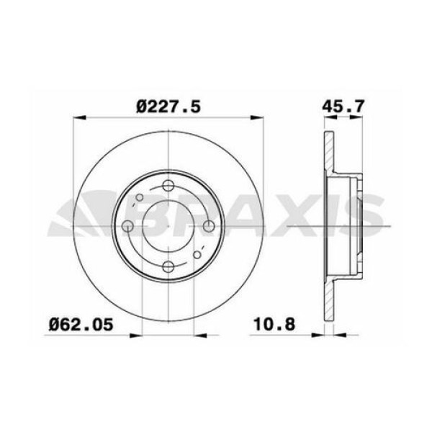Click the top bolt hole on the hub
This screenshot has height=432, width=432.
pos(168,186)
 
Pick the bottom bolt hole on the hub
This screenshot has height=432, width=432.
pos(168,267)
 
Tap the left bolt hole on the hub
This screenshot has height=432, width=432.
pos(128,227)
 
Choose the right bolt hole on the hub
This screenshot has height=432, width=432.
pos(209,227)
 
